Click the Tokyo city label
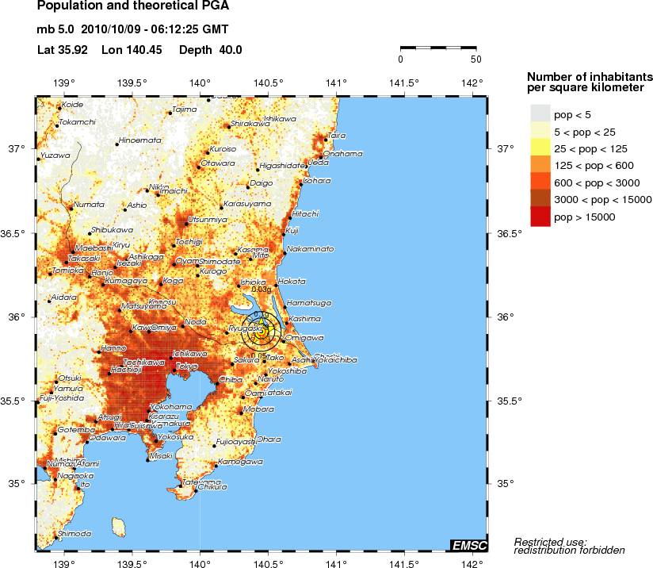pos(187,366)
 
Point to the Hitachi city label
pos(305,213)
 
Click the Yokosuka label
pos(175,436)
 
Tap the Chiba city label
pos(230,380)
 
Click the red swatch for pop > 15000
pos(540,217)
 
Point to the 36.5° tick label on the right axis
pos(508,233)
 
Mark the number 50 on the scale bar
pos(475,59)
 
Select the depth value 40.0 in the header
pos(227,50)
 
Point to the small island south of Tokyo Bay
pos(120,526)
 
